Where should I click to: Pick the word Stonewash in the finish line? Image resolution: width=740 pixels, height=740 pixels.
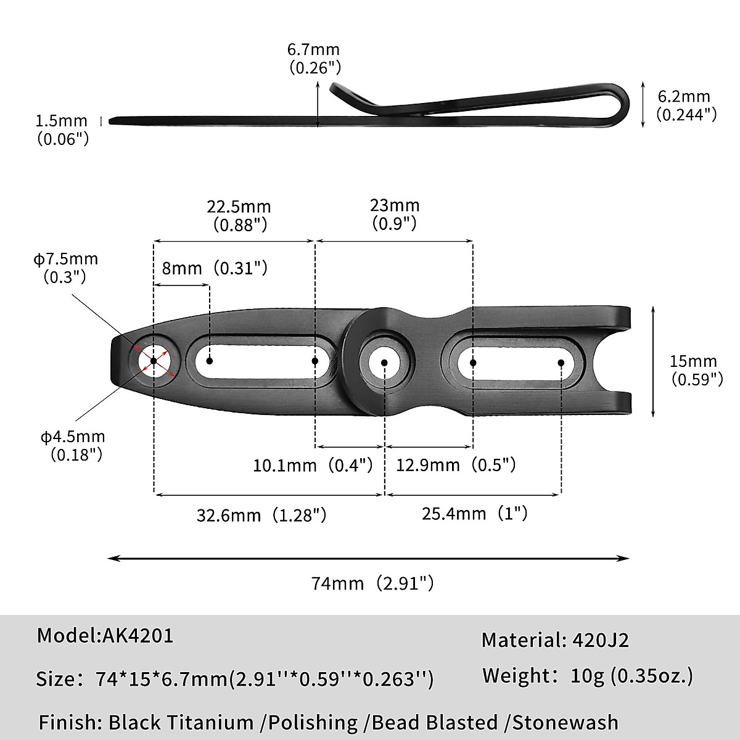tap(565, 722)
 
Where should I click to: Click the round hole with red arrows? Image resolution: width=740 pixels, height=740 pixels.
tap(154, 360)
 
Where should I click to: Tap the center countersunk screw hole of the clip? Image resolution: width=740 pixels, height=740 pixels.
tap(385, 362)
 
